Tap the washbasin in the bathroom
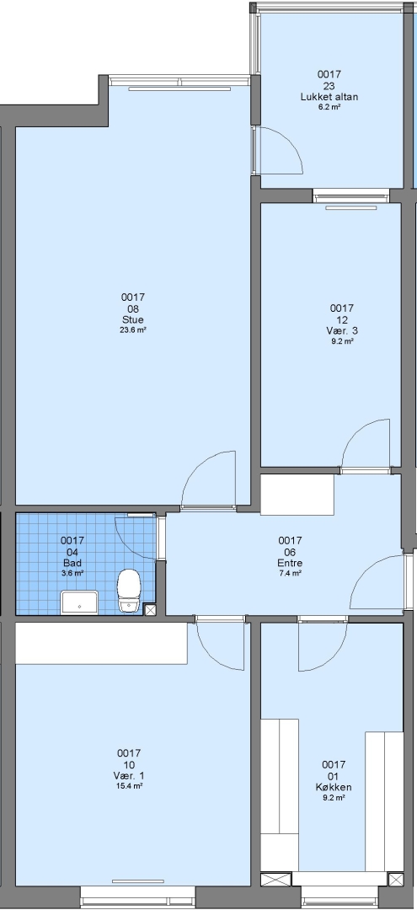point(80,602)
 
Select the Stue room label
point(133,320)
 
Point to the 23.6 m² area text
point(133,329)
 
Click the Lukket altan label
point(329,97)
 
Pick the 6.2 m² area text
point(329,107)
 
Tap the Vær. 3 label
point(342,331)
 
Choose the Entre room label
point(290,563)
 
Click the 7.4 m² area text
point(290,573)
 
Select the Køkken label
point(334,788)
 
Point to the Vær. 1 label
point(129,776)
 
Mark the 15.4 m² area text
point(129,786)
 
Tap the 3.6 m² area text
point(72,573)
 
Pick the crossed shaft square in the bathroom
point(150,609)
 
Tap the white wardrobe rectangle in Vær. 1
point(101,643)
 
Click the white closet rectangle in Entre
point(297,495)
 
